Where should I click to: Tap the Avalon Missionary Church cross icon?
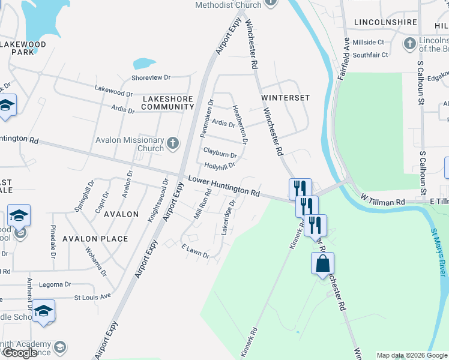173,143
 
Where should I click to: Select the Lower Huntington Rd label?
224,186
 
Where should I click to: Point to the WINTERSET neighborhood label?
285,97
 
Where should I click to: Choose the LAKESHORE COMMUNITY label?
167,102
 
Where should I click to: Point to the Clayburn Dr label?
220,154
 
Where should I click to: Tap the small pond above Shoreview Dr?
144,63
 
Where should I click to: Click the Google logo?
20,353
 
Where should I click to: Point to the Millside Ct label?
369,43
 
